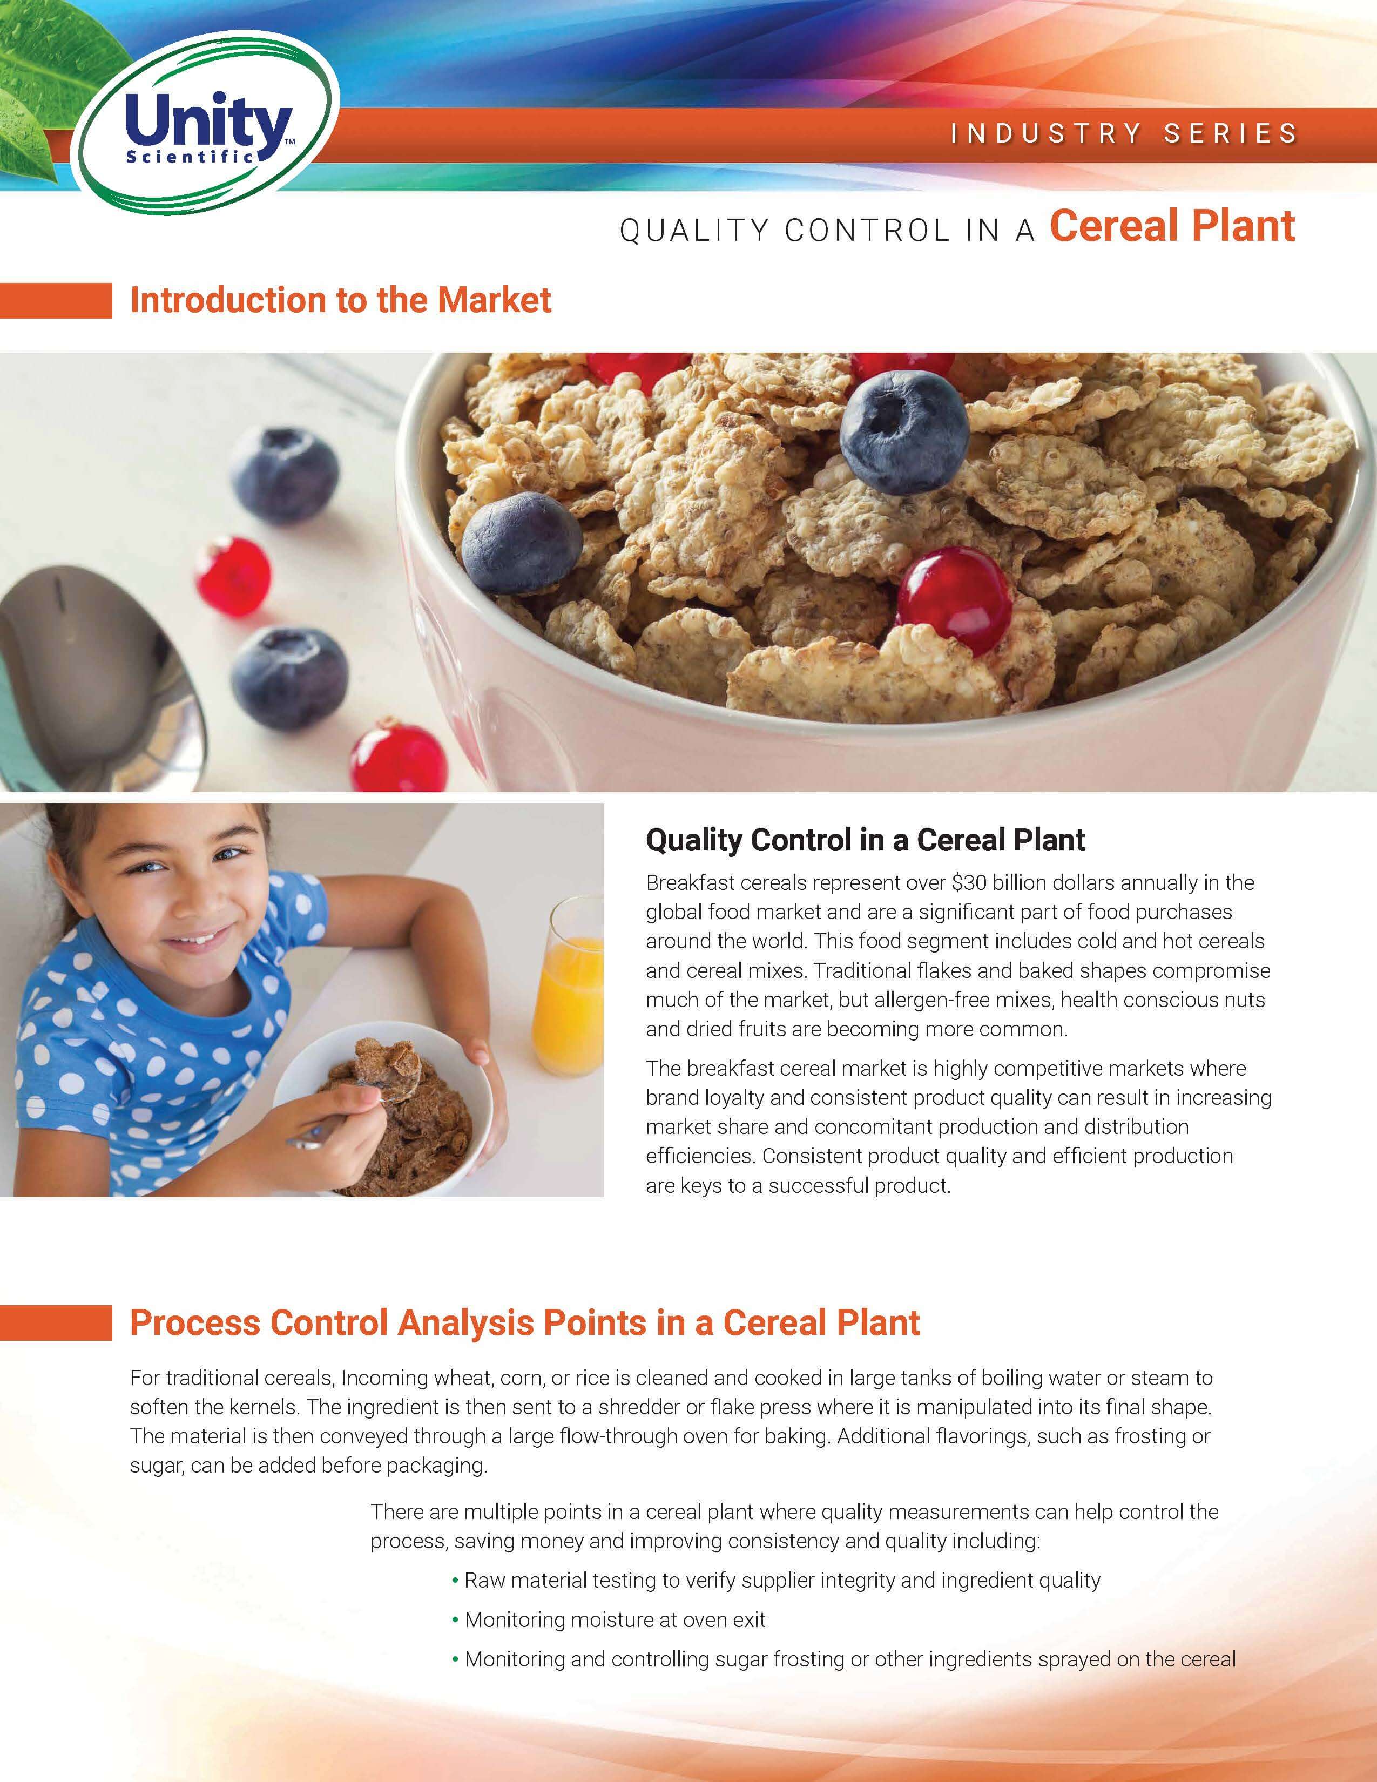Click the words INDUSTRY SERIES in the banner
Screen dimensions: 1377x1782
1124,133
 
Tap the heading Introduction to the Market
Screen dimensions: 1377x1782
340,300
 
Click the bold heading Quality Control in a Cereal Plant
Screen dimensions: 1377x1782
866,840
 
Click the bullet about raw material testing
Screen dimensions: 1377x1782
776,1581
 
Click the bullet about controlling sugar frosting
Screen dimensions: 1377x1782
843,1659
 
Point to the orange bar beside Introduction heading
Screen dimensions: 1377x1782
56,300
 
